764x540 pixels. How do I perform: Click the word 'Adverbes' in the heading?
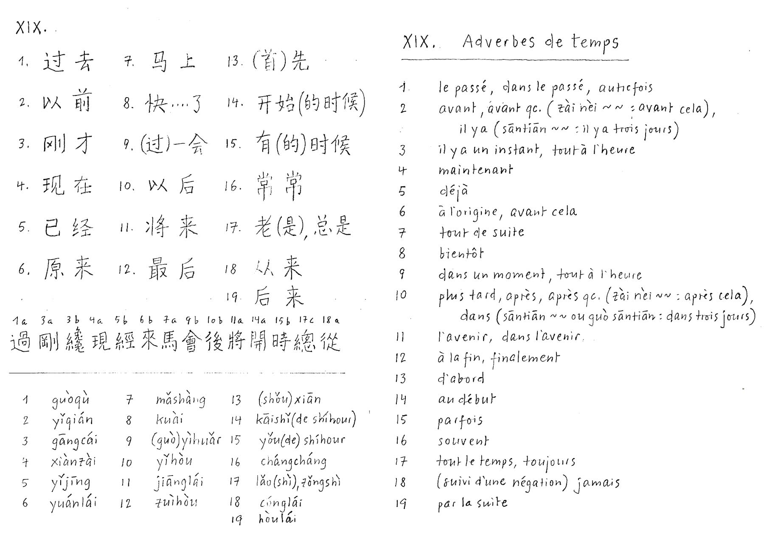coord(499,42)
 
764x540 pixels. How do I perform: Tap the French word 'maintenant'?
coord(475,170)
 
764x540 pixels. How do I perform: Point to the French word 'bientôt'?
coord(461,253)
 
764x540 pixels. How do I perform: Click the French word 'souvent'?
coord(463,441)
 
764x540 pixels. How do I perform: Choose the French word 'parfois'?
coord(460,421)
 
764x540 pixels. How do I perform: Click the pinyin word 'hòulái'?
coord(277,519)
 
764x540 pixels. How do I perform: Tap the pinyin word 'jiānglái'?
coord(179,482)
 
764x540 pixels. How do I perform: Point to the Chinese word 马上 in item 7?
coord(173,62)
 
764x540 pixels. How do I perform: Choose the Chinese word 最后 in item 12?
coord(171,270)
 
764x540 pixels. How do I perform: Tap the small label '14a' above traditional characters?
coord(258,320)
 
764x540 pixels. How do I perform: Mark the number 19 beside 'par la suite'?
coord(401,504)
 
